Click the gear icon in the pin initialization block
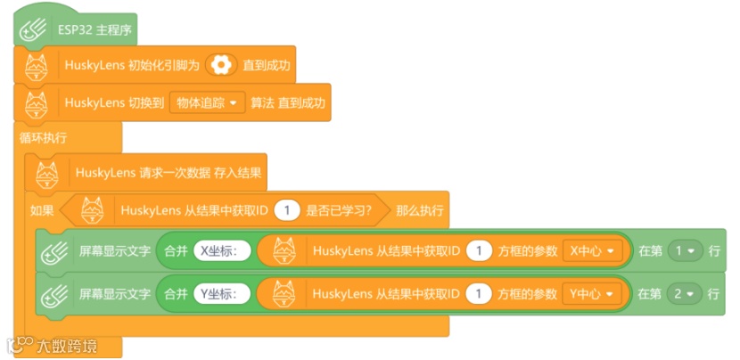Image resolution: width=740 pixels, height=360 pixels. click(x=221, y=65)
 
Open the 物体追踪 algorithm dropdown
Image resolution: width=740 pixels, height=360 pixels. click(x=206, y=103)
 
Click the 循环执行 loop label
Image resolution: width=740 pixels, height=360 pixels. click(x=43, y=137)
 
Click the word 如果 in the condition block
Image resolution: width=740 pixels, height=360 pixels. click(x=42, y=211)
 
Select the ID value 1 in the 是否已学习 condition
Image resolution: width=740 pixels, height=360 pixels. click(x=286, y=211)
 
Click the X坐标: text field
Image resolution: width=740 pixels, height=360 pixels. click(x=223, y=251)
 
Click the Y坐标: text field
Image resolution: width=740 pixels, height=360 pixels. click(x=223, y=292)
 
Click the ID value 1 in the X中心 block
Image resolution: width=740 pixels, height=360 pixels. click(x=479, y=251)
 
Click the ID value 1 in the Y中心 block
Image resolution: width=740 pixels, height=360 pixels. click(x=479, y=292)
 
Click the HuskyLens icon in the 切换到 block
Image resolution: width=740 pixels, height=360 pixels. click(x=37, y=103)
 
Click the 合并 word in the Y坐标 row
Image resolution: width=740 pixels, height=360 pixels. click(x=176, y=292)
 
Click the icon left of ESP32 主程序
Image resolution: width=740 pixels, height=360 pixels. click(x=33, y=29)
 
